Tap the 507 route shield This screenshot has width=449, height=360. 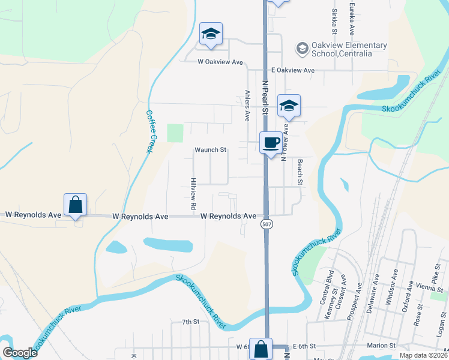265,224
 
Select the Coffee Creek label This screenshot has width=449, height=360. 150,131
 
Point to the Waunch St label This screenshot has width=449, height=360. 209,150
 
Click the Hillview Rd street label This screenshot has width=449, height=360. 193,193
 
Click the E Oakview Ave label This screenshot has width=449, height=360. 292,70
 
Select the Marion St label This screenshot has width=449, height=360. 381,346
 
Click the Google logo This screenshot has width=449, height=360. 20,353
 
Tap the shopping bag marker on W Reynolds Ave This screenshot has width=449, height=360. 76,204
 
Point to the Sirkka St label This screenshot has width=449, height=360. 334,22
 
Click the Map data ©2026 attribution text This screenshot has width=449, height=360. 423,355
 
